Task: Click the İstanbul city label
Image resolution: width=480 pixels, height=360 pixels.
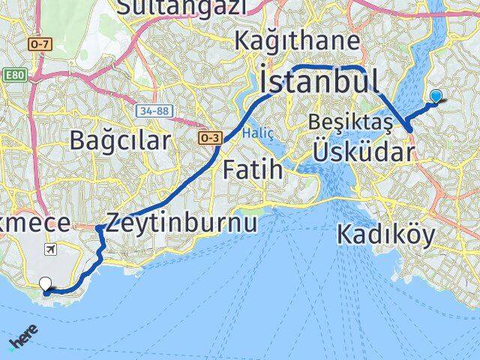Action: coord(318,79)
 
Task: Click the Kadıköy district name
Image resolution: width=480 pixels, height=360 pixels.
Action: coord(385,235)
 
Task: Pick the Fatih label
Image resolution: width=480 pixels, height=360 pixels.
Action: coord(253,169)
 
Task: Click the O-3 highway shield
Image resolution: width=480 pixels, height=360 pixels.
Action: coord(208,138)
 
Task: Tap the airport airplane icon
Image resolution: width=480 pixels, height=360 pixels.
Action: coord(51,249)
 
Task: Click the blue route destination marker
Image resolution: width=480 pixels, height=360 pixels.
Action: coord(436,96)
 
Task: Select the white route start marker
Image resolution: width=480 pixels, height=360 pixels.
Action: coord(46,284)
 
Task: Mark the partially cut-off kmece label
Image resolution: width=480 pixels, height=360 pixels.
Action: coord(33,223)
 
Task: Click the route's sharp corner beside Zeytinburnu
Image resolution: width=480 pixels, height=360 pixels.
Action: coord(98,227)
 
